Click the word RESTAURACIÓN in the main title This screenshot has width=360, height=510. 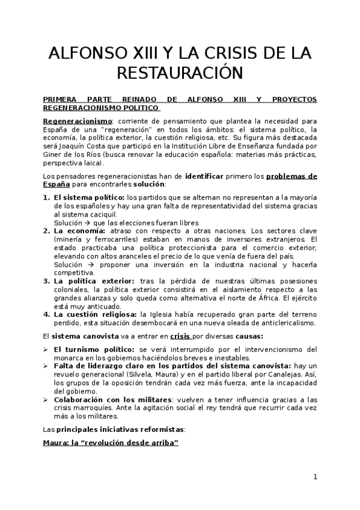(x=180, y=73)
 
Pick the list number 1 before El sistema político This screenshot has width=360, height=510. (x=46, y=197)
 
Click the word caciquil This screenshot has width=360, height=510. (x=100, y=214)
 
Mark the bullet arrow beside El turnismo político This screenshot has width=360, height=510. (x=46, y=348)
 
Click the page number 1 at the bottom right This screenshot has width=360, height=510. (x=315, y=477)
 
